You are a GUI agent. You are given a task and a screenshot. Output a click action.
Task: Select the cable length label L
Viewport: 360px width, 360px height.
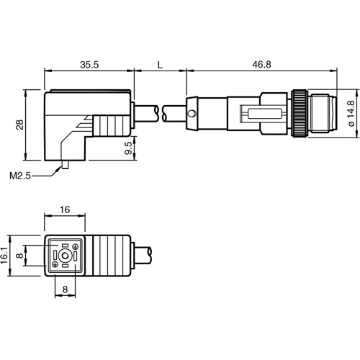160,64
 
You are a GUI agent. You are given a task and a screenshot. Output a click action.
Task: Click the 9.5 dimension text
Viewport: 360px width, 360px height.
128,150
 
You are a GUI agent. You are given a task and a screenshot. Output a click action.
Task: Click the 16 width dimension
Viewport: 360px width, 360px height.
66,210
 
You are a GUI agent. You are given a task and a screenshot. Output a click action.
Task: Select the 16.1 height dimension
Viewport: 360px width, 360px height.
8,255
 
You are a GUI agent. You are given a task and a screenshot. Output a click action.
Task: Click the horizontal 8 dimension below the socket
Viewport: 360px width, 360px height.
66,289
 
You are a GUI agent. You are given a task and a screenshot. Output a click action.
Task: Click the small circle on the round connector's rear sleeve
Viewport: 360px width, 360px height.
191,114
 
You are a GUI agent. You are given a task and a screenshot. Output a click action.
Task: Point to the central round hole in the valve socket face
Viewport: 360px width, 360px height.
66,256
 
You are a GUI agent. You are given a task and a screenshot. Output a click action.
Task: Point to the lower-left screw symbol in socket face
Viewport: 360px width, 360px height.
54,265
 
